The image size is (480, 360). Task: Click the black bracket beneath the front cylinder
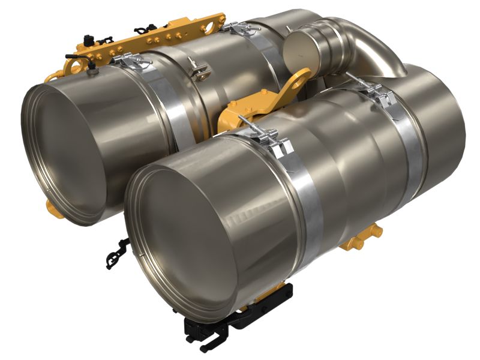240,318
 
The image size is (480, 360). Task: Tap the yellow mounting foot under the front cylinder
360,237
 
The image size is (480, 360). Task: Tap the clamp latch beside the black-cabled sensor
129,60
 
